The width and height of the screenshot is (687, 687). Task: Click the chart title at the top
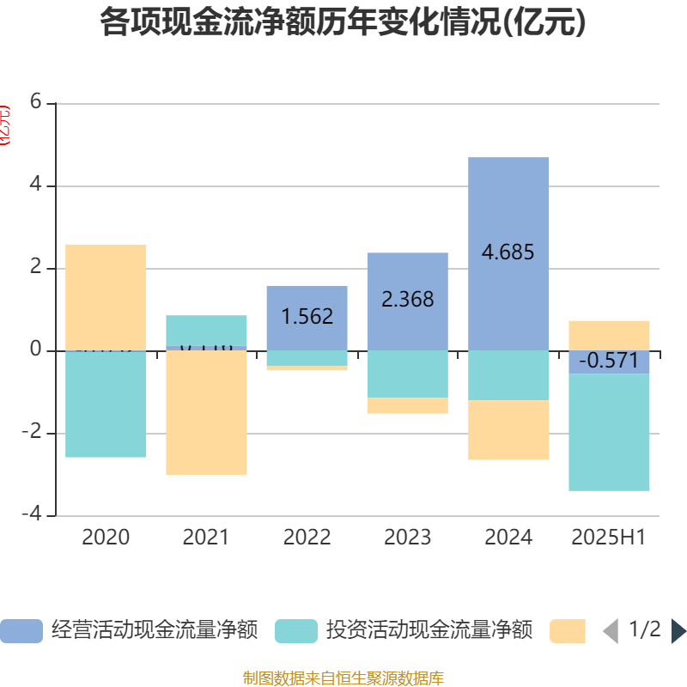click(x=343, y=23)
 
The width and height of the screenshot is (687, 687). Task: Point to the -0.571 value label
click(x=608, y=361)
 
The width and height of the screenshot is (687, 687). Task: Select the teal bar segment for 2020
click(x=106, y=404)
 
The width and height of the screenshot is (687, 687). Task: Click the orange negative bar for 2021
click(x=206, y=412)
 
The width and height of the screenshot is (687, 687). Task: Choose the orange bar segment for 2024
click(x=508, y=430)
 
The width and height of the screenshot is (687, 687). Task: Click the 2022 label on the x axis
click(x=307, y=538)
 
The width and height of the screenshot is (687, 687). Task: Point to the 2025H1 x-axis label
click(x=608, y=538)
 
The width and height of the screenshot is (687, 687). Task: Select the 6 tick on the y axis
click(x=35, y=102)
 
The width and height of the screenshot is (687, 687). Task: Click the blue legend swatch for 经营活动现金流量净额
click(x=21, y=631)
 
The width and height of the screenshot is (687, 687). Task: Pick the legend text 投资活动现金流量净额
click(x=429, y=631)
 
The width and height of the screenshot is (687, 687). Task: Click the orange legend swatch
click(x=568, y=631)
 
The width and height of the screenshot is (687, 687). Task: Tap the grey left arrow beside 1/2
click(x=611, y=631)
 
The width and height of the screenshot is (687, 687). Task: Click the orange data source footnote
click(x=343, y=678)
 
